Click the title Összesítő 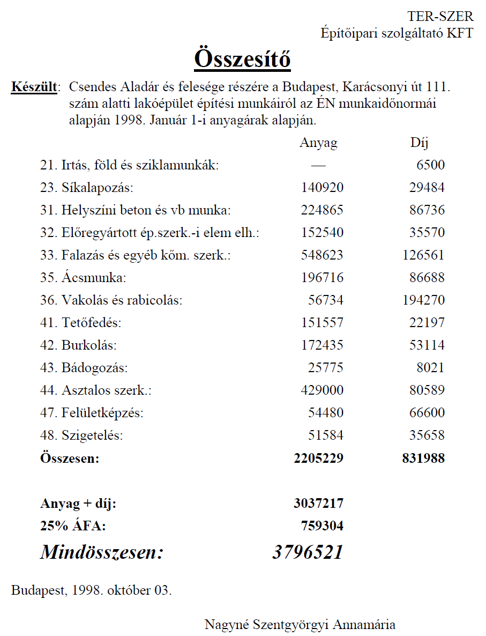tap(242, 58)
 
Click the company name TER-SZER tap(440, 17)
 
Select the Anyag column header tap(318, 143)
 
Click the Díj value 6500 tap(430, 165)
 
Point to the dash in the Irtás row tap(318, 165)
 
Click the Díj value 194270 tap(423, 300)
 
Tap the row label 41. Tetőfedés tap(81, 323)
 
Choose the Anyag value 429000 tap(321, 390)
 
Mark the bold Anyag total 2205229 tap(318, 458)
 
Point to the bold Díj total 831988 tap(423, 458)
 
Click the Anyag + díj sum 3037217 tap(318, 504)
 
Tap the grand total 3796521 tap(308, 552)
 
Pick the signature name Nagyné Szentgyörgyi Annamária tap(300, 625)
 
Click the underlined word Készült tap(34, 87)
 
